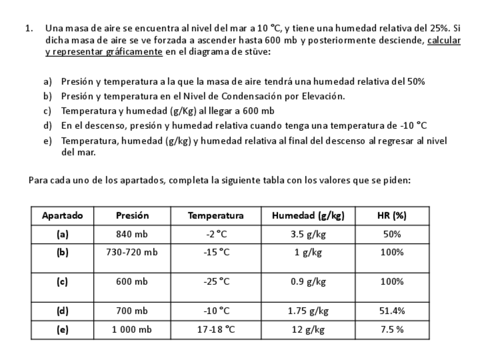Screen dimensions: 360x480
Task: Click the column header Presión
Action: tap(132, 216)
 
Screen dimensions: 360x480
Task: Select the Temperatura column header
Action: tap(215, 216)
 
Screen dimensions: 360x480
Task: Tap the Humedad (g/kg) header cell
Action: tap(308, 216)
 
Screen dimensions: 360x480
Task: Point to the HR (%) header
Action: tap(392, 216)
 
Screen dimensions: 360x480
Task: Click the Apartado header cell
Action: tap(62, 216)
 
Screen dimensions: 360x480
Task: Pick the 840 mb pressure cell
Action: tap(132, 234)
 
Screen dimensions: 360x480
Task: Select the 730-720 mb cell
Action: tap(132, 252)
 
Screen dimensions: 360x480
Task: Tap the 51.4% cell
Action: tap(392, 311)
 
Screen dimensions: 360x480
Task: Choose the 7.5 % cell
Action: tap(392, 330)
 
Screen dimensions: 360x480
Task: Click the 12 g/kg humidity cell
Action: tap(308, 330)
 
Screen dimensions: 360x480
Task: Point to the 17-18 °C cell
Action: tap(216, 330)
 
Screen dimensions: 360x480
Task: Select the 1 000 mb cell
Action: tap(132, 330)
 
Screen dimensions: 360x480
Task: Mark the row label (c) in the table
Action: tap(62, 282)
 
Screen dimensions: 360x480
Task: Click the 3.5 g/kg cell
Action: tap(308, 234)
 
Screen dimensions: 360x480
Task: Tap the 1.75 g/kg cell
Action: tap(308, 311)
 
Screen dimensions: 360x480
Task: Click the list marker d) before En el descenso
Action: tap(48, 125)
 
